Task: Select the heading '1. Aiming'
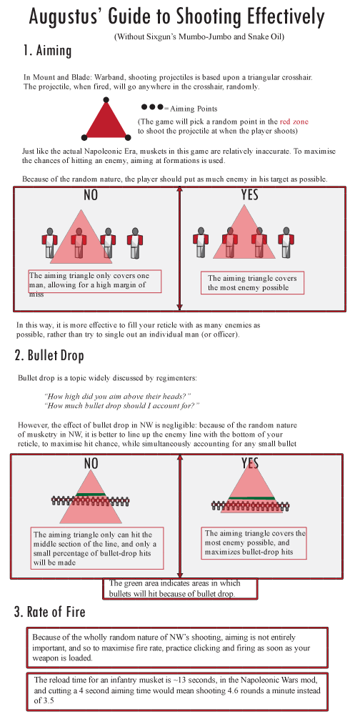click(48, 51)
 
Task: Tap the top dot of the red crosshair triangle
click(106, 100)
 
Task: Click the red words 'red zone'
click(294, 122)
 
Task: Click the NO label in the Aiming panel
click(91, 195)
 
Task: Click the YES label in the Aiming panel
click(250, 195)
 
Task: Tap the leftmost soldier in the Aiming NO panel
click(49, 242)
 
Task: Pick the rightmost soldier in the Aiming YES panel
click(286, 242)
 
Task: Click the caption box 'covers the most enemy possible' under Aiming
click(253, 282)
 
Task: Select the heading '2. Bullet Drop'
click(49, 355)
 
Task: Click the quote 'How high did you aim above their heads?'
click(118, 396)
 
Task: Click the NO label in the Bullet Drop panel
click(91, 463)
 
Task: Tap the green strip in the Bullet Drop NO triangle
click(91, 495)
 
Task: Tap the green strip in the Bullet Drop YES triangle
click(250, 497)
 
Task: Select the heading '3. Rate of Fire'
click(50, 613)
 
